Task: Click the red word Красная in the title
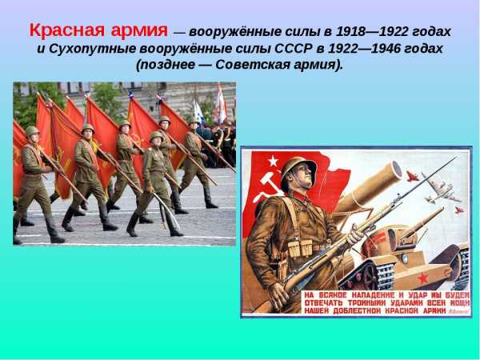67,30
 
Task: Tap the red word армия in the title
139,31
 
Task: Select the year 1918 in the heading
350,32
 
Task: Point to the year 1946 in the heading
386,49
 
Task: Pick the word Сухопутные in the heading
93,49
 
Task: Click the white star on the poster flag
273,161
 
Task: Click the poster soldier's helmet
298,170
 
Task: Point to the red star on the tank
423,278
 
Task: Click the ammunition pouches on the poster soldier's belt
300,248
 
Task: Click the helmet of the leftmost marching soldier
32,131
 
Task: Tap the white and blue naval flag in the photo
198,112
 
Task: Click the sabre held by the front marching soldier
167,211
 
